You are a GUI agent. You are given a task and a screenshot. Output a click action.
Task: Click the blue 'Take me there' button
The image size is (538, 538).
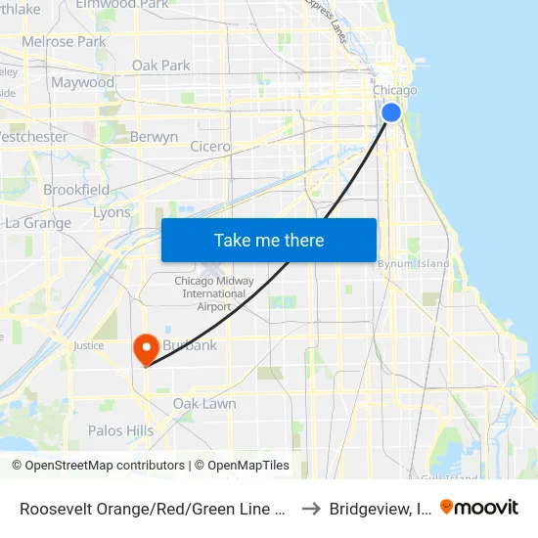(269, 240)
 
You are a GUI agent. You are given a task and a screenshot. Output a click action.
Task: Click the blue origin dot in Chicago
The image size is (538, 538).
(390, 112)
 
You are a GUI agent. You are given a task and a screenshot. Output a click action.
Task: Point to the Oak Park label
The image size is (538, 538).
(161, 66)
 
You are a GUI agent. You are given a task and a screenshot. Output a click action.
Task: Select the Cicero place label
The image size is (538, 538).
(210, 147)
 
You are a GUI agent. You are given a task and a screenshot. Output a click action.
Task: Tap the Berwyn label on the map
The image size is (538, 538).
(154, 137)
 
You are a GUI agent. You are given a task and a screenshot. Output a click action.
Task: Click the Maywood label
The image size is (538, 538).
(82, 82)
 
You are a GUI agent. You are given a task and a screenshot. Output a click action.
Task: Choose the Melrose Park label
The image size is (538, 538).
(64, 42)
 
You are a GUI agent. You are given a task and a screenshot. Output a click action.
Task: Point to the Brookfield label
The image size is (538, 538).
(76, 189)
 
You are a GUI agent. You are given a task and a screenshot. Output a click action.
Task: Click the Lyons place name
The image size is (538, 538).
(111, 212)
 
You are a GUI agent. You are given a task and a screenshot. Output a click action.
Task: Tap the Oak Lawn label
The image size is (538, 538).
(204, 403)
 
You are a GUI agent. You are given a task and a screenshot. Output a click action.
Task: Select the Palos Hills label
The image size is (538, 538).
(120, 430)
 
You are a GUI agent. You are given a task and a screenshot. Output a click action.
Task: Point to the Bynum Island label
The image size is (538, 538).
(414, 263)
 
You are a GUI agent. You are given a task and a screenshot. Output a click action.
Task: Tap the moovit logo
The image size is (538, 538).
(479, 507)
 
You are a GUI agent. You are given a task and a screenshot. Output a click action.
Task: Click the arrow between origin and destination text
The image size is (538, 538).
(310, 508)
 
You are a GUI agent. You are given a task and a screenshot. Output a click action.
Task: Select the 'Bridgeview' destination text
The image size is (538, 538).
(379, 508)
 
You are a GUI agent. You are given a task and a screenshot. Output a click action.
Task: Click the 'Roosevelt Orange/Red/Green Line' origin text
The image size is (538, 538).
(152, 508)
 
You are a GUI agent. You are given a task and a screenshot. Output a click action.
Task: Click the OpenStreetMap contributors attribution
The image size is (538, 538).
(98, 466)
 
